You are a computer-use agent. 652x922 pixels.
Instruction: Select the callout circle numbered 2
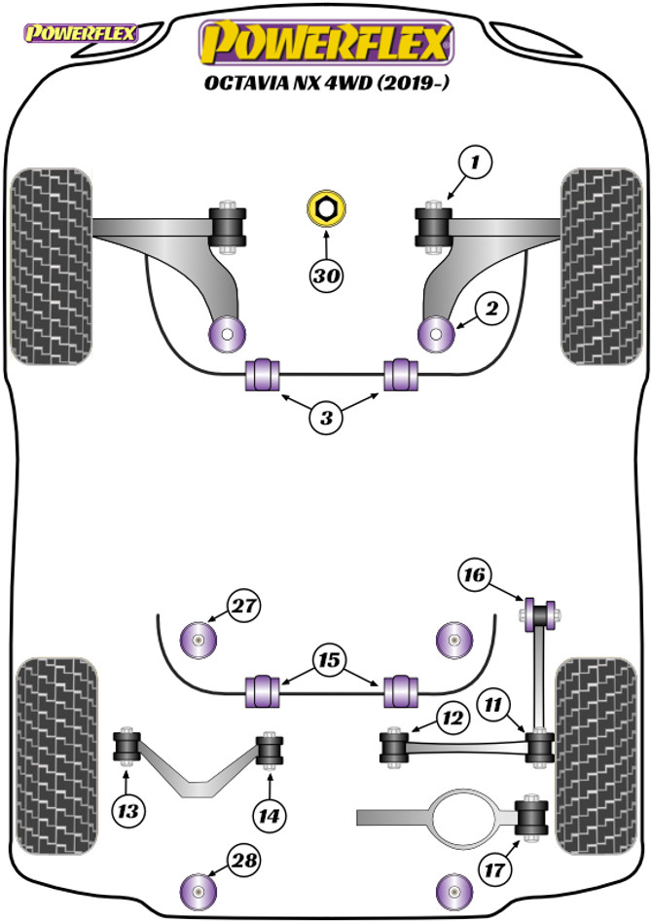tap(491, 310)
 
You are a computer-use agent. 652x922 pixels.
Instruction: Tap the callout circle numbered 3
tap(327, 419)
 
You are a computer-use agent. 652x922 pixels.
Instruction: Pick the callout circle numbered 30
tap(327, 277)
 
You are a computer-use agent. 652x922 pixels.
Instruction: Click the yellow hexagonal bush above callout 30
tap(325, 208)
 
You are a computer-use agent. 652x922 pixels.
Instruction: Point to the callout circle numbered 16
tap(473, 575)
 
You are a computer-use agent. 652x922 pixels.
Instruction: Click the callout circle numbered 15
tap(327, 661)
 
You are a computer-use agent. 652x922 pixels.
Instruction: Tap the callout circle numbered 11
tap(492, 702)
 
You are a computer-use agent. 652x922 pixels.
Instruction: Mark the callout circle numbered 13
tap(127, 808)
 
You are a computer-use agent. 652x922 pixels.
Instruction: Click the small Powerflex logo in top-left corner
tap(82, 35)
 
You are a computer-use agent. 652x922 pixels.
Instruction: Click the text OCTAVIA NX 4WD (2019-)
tap(327, 83)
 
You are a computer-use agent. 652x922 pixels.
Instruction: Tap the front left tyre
tap(51, 266)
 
